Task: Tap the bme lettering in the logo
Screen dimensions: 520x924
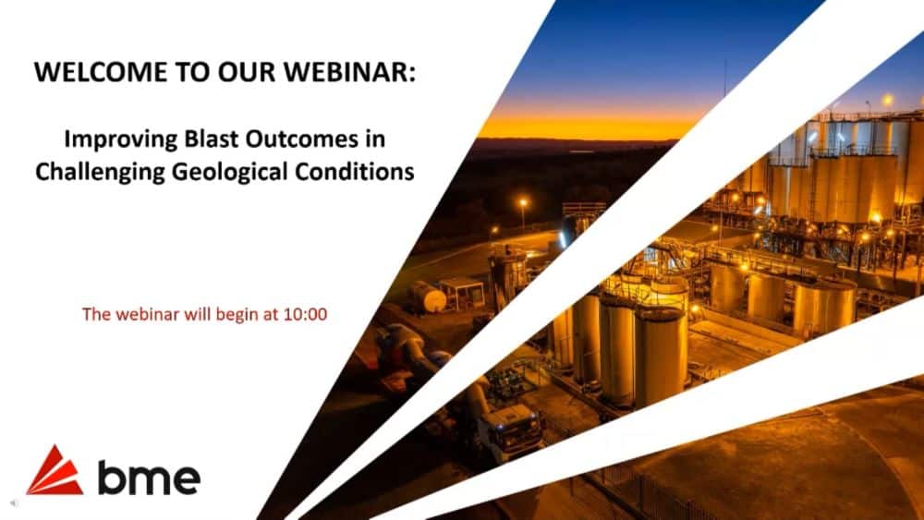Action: click(148, 477)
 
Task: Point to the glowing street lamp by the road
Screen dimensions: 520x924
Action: click(523, 200)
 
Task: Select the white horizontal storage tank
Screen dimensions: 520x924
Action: click(428, 297)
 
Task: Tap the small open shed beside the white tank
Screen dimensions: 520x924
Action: click(462, 294)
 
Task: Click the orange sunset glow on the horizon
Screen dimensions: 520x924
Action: click(591, 125)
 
